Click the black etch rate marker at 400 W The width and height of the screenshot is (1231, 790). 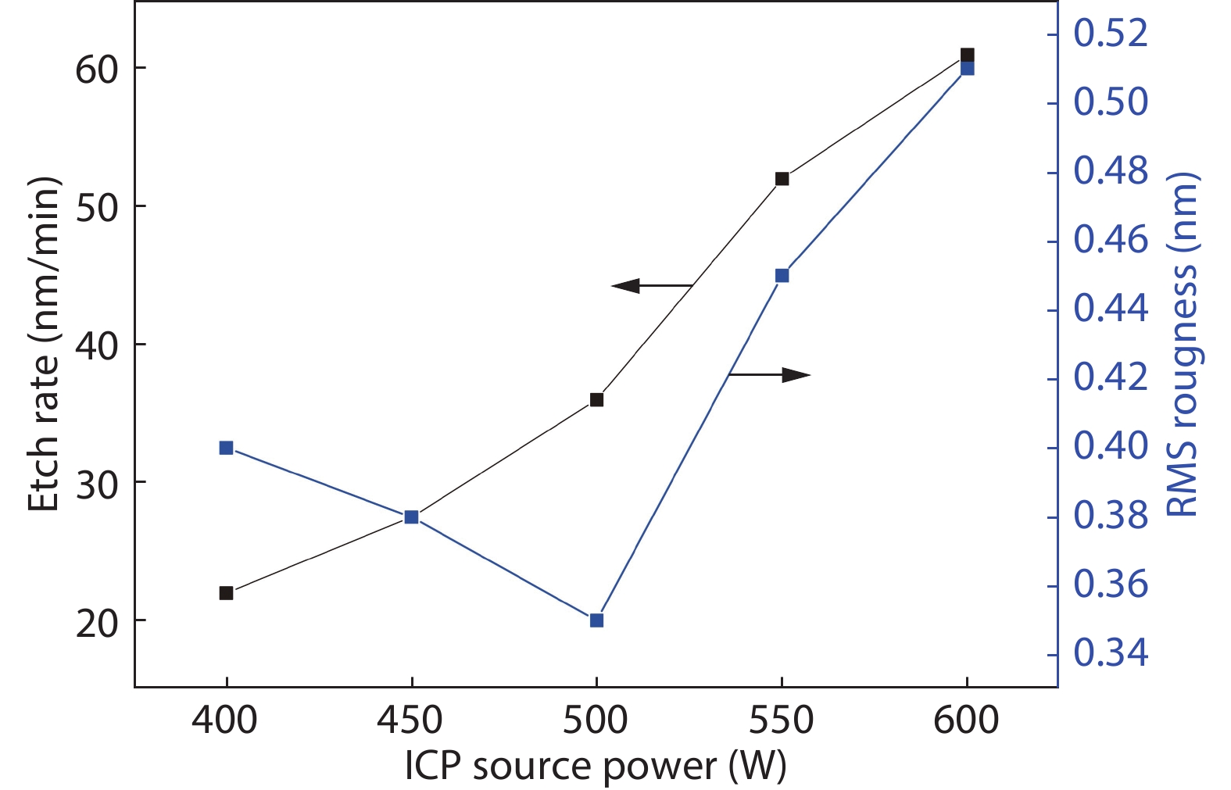(227, 593)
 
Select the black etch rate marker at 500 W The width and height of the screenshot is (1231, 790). (596, 400)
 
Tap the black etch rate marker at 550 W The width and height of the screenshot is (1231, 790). (782, 179)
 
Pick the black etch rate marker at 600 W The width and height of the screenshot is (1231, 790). (967, 55)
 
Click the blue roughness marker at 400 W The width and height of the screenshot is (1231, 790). (227, 448)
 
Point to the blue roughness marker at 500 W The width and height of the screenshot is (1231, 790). (596, 620)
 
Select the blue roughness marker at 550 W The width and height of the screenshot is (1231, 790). (782, 276)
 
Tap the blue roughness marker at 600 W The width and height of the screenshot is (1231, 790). (967, 69)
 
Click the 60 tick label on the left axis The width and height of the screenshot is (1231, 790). (96, 70)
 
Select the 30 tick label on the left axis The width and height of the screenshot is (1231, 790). (96, 484)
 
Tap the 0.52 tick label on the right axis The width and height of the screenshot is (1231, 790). (1111, 34)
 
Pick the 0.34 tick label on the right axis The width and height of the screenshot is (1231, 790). (1111, 652)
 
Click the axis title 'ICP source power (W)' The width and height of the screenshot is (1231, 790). (596, 767)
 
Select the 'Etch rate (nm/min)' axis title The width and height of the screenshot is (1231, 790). (44, 345)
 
